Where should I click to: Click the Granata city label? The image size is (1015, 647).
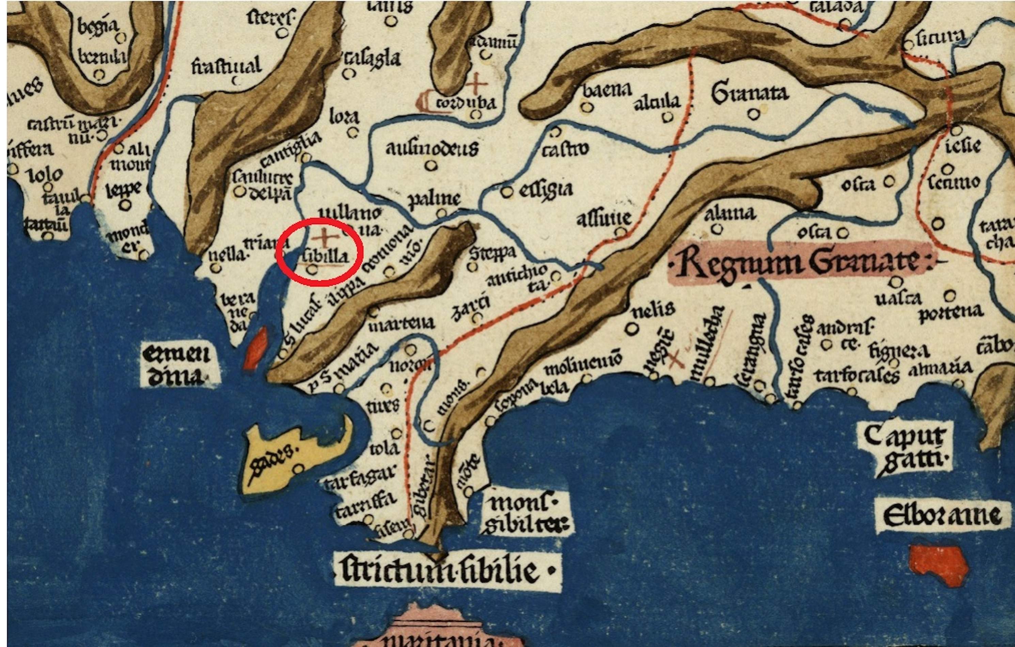point(749,94)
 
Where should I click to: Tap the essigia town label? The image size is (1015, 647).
point(545,189)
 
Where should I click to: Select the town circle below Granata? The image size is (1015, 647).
point(753,114)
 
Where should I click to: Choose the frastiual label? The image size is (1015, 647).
point(227,67)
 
